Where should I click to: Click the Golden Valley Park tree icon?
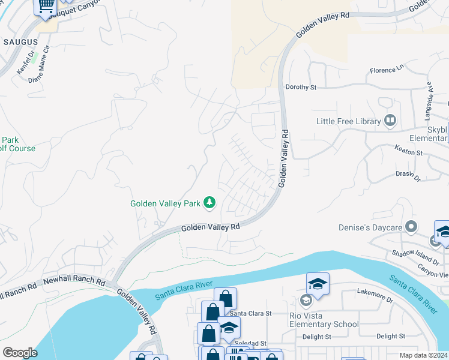209,203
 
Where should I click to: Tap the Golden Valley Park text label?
166,203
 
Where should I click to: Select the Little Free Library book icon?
391,121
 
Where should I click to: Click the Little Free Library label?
349,121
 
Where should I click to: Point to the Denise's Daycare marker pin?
411,227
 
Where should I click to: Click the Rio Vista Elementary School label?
323,319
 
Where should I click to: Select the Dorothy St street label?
301,87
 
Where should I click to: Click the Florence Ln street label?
387,70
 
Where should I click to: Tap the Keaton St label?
409,153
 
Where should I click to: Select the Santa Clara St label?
251,313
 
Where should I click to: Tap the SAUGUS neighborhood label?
20,42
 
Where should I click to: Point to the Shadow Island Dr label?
412,259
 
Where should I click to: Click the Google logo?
20,353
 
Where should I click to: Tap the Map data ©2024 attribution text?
424,354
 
